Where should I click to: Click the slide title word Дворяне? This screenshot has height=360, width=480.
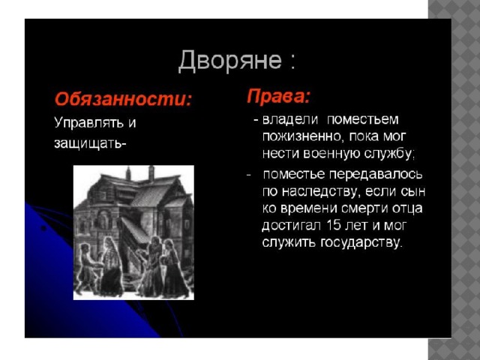(230, 60)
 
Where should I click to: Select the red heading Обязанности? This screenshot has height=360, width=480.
(123, 99)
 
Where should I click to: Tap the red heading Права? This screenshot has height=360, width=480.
(278, 97)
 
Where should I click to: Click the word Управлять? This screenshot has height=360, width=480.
(89, 123)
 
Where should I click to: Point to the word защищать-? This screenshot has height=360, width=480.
(90, 143)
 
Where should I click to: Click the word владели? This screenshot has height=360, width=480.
(290, 119)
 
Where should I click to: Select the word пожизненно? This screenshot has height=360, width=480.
(301, 136)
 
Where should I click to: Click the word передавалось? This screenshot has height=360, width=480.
(376, 175)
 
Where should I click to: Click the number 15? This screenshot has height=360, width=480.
(334, 226)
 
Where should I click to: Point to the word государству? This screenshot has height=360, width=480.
(361, 243)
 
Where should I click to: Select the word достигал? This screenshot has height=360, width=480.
(291, 226)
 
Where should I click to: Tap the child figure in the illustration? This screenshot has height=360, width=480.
(87, 267)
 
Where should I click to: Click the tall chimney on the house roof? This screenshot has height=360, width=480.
(151, 173)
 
